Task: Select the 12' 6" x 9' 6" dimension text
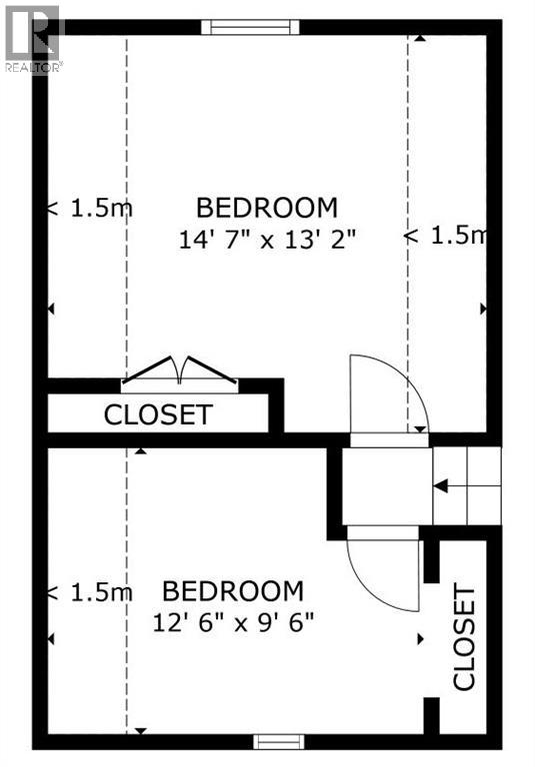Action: pyautogui.click(x=234, y=620)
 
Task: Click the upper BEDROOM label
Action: pyautogui.click(x=266, y=208)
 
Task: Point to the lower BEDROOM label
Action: pyautogui.click(x=233, y=590)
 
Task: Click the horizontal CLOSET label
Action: pyautogui.click(x=158, y=414)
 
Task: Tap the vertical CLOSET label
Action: pyautogui.click(x=464, y=639)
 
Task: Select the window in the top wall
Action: pyautogui.click(x=249, y=26)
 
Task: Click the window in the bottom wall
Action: pyautogui.click(x=278, y=740)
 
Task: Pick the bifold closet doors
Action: pyautogui.click(x=180, y=374)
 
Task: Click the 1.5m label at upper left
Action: pyautogui.click(x=90, y=209)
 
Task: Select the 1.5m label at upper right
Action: pyautogui.click(x=444, y=236)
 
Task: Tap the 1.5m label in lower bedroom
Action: pyautogui.click(x=90, y=592)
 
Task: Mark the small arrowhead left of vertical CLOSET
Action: pyautogui.click(x=420, y=637)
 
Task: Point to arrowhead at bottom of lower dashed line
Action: pyautogui.click(x=141, y=730)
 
